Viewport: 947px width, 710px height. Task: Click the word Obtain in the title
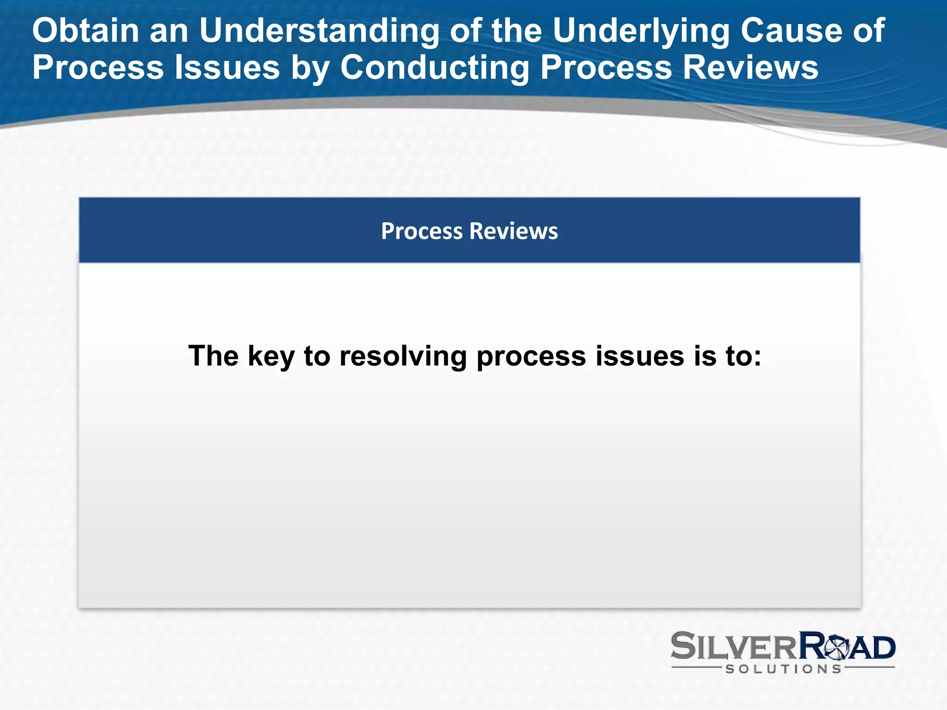pyautogui.click(x=86, y=31)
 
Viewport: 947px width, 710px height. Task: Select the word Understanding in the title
pyautogui.click(x=319, y=31)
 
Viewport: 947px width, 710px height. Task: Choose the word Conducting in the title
pyautogui.click(x=435, y=67)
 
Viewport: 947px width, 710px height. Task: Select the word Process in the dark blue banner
pyautogui.click(x=421, y=231)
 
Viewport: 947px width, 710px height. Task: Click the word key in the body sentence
pyautogui.click(x=271, y=356)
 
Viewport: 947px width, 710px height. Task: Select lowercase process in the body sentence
pyautogui.click(x=531, y=356)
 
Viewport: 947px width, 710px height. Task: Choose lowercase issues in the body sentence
pyautogui.click(x=640, y=356)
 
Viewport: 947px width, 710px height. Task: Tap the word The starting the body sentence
pyautogui.click(x=213, y=356)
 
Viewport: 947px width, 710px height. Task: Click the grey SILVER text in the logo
pyautogui.click(x=733, y=647)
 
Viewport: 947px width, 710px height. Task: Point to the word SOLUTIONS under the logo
pyautogui.click(x=783, y=669)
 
